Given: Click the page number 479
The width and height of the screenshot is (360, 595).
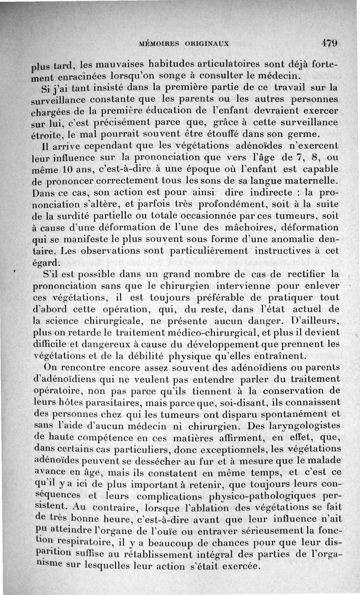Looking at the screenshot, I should [329, 44].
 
